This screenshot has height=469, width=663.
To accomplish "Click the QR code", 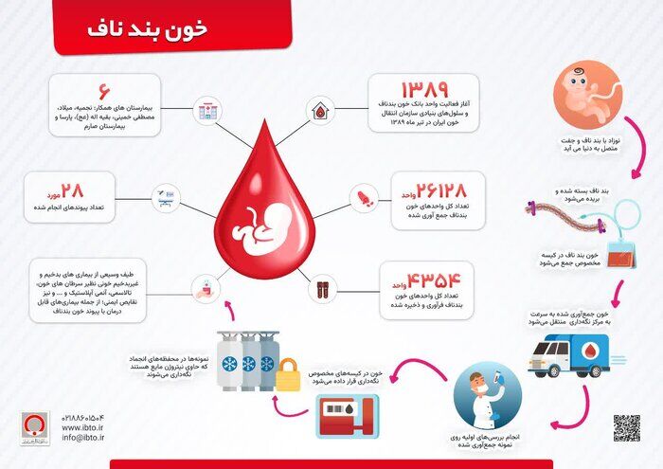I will [626, 428].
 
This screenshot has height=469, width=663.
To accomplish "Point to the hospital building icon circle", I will [204, 112].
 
